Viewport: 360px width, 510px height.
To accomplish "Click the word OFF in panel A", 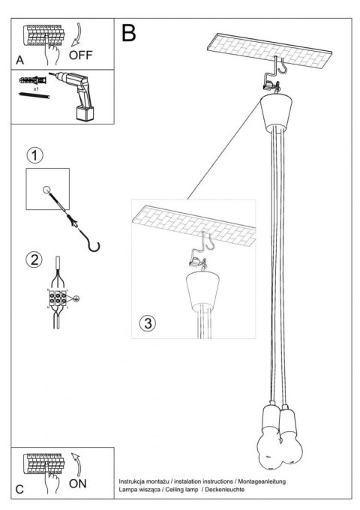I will tap(82, 55).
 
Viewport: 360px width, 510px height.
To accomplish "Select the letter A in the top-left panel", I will tap(19, 59).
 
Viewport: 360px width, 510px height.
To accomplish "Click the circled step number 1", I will tap(33, 156).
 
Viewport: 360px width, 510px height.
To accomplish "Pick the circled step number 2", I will tap(33, 261).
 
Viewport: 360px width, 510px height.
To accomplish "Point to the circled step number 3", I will tap(147, 324).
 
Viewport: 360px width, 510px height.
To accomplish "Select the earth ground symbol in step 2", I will tap(76, 298).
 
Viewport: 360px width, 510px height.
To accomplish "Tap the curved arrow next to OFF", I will tap(83, 34).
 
